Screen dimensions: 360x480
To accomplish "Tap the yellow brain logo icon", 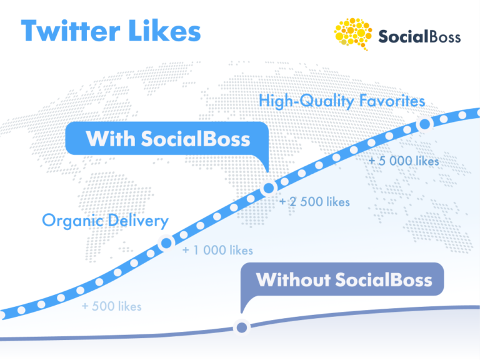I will (x=352, y=34).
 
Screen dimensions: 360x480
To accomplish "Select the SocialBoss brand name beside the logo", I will (x=419, y=37).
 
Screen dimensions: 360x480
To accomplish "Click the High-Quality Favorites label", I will (x=342, y=101).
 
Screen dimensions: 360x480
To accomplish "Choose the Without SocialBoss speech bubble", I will (x=344, y=279).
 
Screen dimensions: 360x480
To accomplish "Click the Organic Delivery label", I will (x=105, y=221).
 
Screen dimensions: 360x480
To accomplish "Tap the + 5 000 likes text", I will (x=404, y=161).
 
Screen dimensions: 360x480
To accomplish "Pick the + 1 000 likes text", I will (x=217, y=251).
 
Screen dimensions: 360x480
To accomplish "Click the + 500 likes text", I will (x=111, y=306).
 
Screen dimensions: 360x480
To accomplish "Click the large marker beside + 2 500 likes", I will (x=269, y=187).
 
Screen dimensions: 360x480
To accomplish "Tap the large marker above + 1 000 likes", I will (x=166, y=244).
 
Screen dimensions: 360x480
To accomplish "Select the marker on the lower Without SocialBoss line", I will (x=241, y=327).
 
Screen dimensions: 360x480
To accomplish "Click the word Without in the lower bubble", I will (x=292, y=279).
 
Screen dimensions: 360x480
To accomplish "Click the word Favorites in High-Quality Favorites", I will (x=394, y=101).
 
